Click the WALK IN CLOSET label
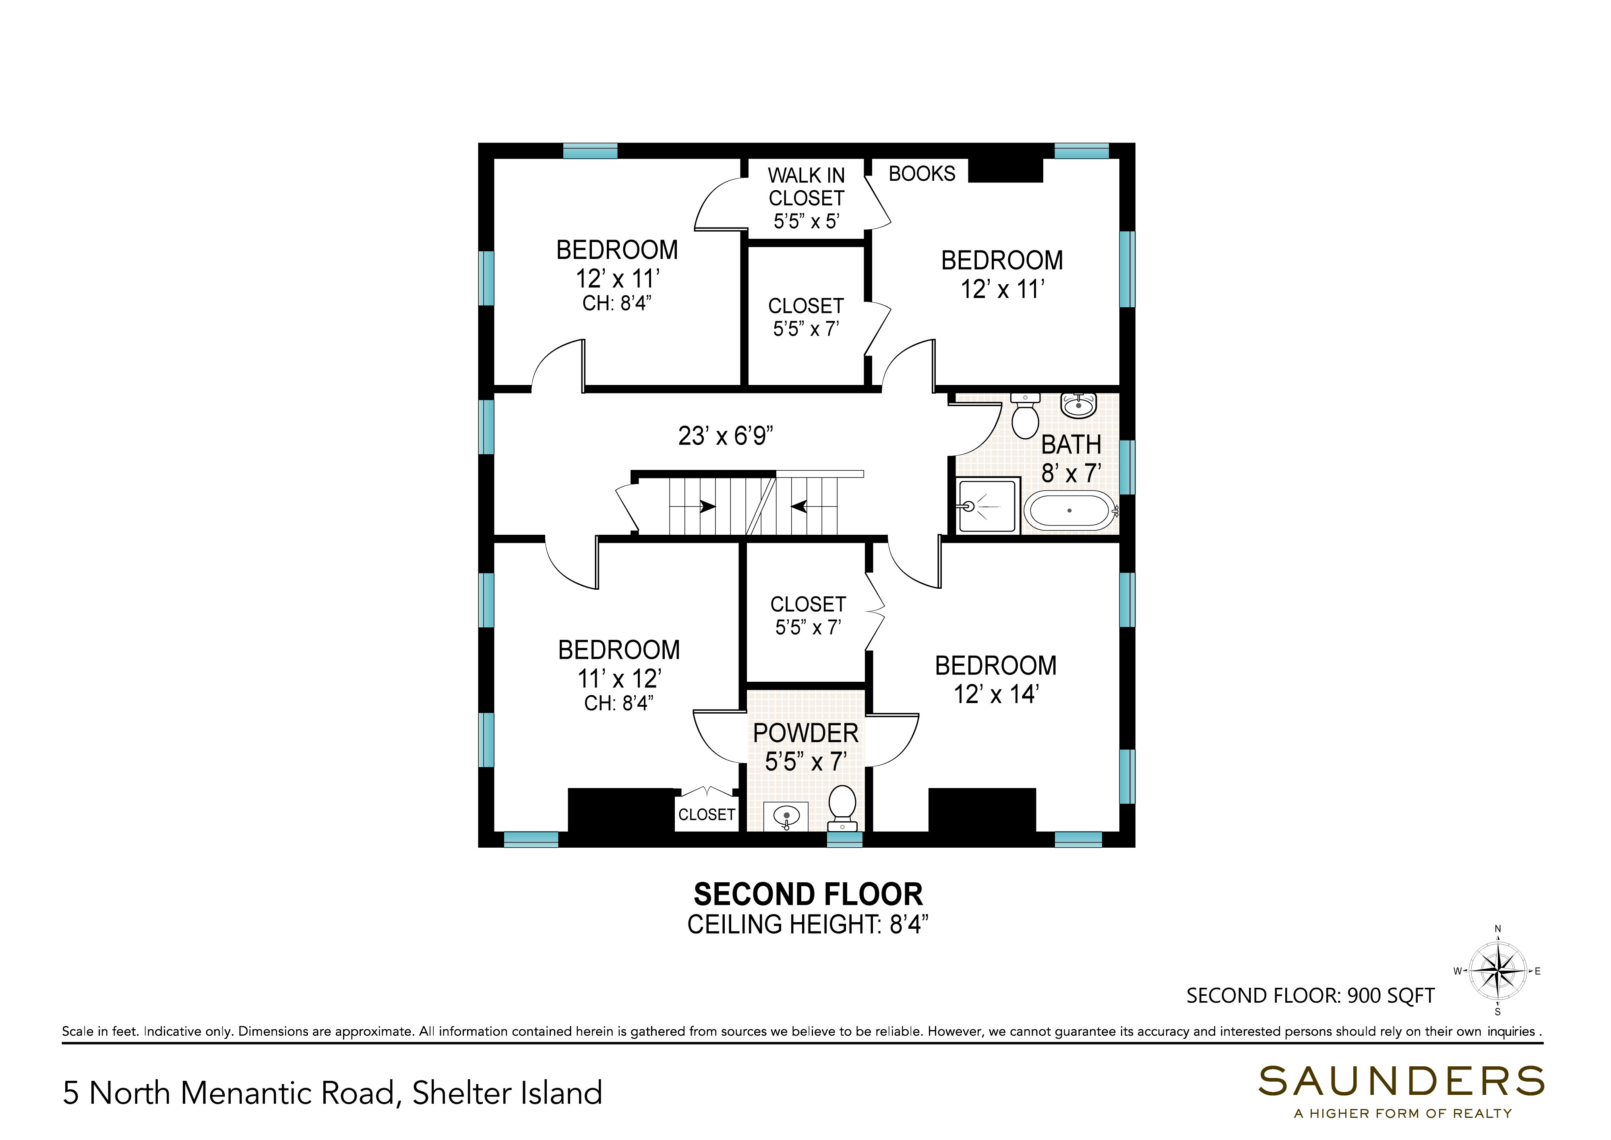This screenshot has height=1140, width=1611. point(807,187)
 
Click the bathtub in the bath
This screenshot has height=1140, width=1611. point(1069,510)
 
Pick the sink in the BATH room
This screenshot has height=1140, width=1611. point(1078,405)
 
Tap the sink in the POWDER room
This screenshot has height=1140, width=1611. point(786,816)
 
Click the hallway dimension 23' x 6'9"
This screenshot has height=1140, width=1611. point(726,436)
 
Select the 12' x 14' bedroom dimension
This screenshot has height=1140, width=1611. point(996,694)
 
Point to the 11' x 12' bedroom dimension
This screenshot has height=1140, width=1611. point(619,679)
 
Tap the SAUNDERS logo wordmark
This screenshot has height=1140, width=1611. point(1401,1082)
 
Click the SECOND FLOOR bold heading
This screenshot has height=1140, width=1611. point(808,894)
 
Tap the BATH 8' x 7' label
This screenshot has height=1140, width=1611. point(1071,459)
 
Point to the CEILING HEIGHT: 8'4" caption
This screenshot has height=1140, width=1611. point(808,925)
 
